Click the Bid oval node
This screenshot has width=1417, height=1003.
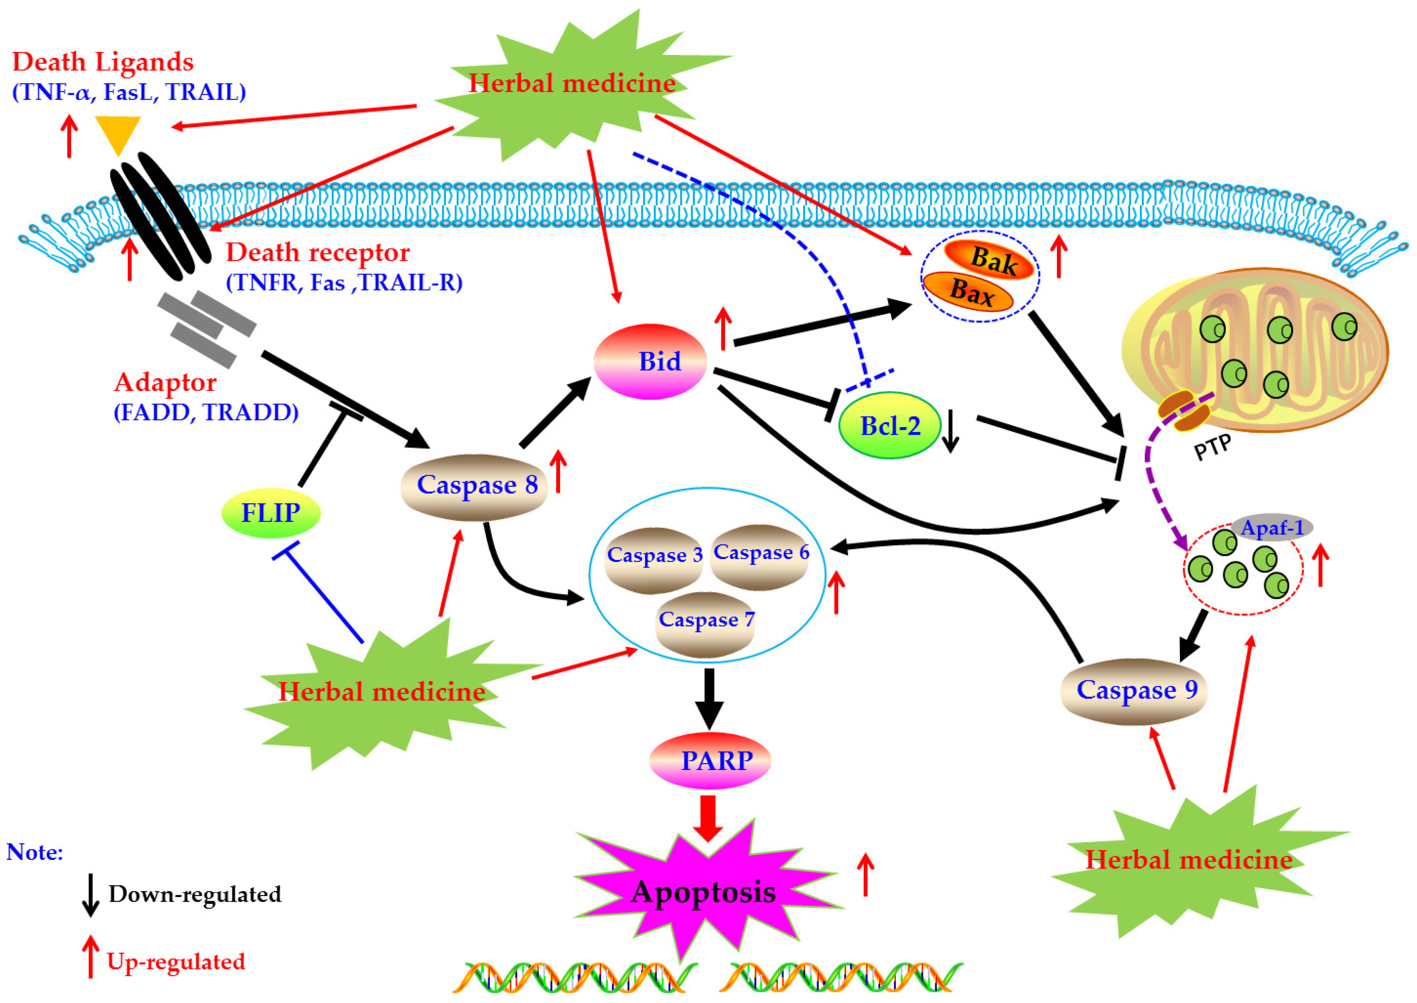(x=649, y=362)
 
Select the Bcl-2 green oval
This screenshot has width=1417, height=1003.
(x=889, y=426)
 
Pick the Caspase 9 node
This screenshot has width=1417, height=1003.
(x=1133, y=691)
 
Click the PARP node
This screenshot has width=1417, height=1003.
(x=710, y=761)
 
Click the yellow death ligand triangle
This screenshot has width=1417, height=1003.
(x=117, y=132)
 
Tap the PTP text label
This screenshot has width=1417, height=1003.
(x=1212, y=448)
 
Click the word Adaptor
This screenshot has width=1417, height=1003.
(x=166, y=383)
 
